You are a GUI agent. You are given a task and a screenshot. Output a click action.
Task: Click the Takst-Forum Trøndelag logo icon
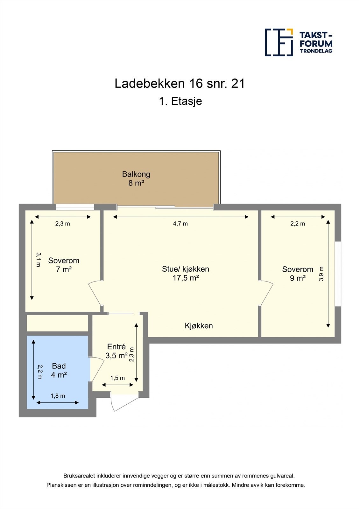(x=279, y=42)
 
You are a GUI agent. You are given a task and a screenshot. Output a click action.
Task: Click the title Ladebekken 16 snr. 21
(x=180, y=84)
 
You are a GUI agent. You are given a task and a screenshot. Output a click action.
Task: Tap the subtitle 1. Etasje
(x=180, y=101)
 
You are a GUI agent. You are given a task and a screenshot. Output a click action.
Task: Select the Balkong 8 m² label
(x=136, y=178)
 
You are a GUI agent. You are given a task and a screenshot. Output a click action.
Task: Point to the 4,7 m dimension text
(x=180, y=224)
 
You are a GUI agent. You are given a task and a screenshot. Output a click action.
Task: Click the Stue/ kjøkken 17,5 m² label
(x=186, y=273)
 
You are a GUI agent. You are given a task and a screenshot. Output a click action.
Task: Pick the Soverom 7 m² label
(x=64, y=265)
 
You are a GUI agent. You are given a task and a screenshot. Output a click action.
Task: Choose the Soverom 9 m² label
(x=298, y=274)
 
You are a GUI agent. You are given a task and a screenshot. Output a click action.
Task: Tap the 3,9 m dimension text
(x=321, y=274)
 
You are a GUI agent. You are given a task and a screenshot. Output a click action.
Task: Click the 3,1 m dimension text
(x=38, y=260)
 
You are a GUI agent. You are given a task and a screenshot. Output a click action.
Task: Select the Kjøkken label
(x=199, y=326)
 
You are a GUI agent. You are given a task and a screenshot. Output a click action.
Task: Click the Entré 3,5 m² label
(x=116, y=351)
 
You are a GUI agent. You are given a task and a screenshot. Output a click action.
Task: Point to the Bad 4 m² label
(x=59, y=370)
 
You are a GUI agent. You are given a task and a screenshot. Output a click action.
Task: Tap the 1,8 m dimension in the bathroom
(x=58, y=396)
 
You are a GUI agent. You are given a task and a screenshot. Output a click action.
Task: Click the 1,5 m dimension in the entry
(x=117, y=378)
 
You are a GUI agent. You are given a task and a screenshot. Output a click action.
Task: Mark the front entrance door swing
(x=123, y=402)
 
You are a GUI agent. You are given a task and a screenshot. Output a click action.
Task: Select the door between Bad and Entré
(x=97, y=369)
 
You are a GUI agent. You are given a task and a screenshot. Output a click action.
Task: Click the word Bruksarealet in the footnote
(x=77, y=476)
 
